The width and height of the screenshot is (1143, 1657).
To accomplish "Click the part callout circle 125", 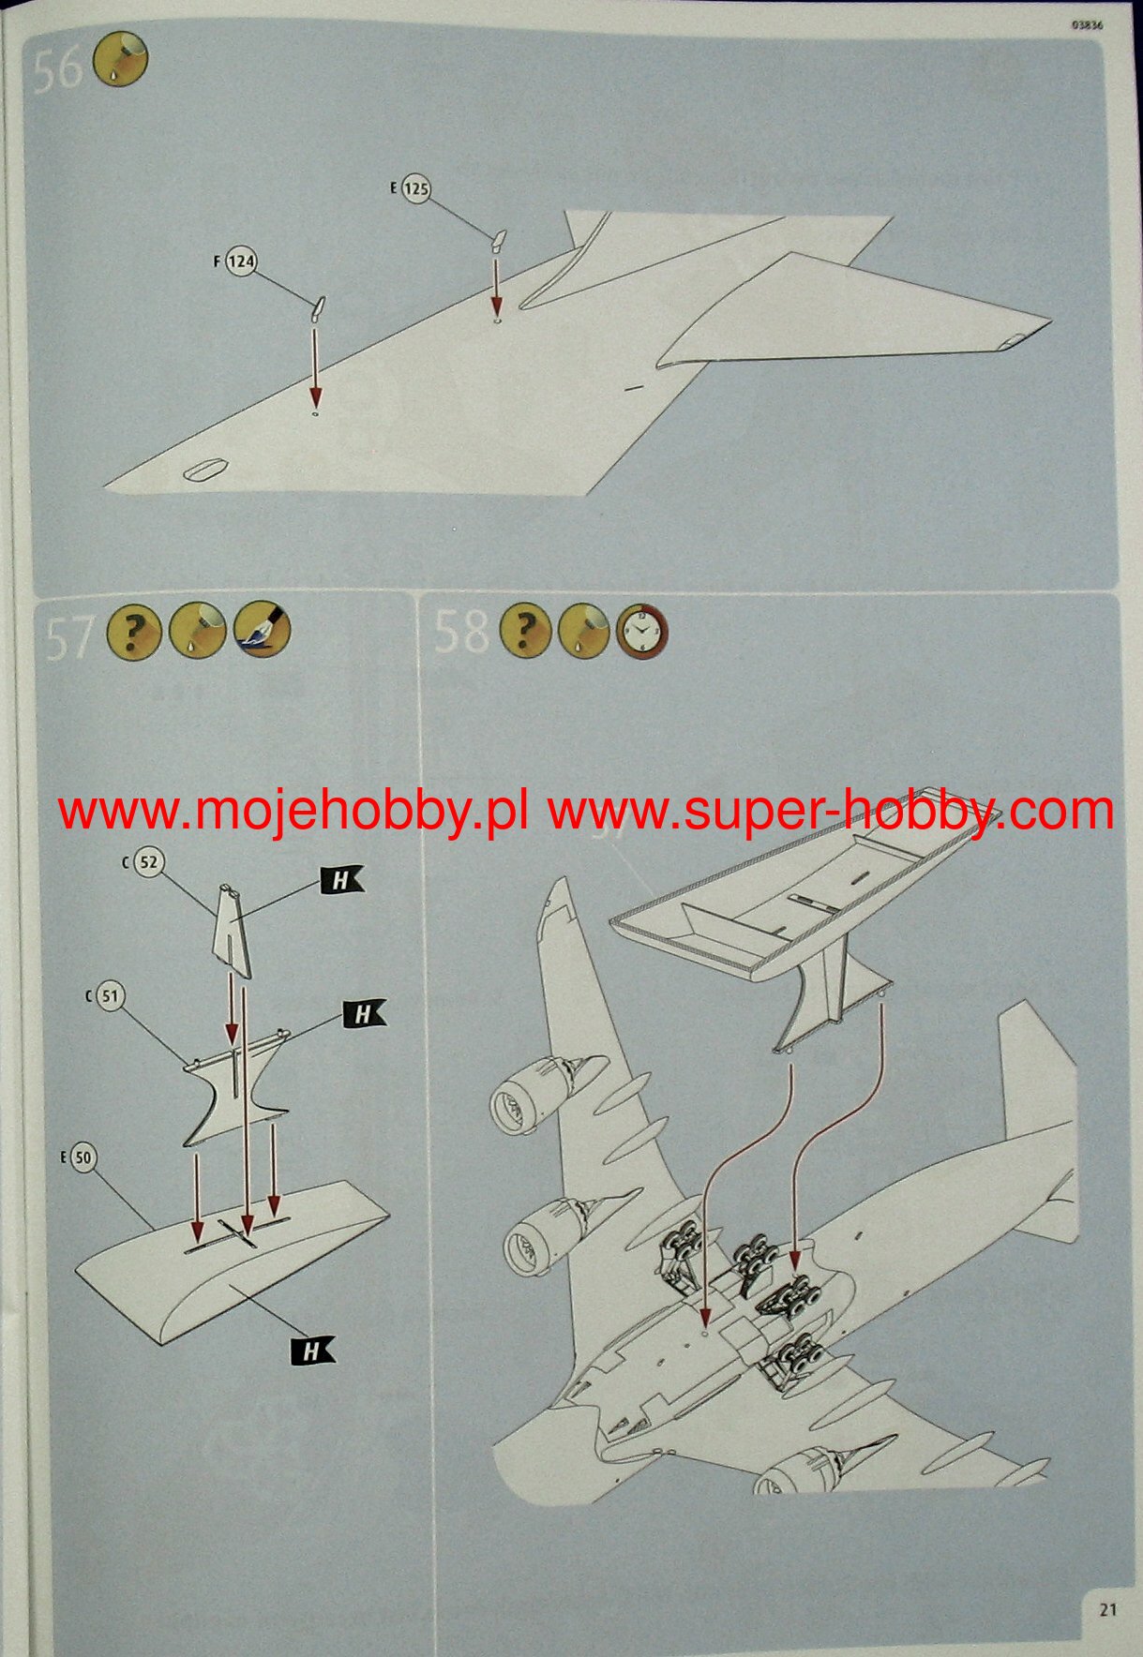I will (415, 189).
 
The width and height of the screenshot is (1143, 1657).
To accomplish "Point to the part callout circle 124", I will (241, 261).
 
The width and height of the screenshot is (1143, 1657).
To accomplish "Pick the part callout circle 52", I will (148, 862).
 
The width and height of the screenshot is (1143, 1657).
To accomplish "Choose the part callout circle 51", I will (111, 995).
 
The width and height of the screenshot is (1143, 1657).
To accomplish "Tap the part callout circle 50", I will (83, 1157).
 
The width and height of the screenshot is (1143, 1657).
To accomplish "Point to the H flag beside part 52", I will (341, 880).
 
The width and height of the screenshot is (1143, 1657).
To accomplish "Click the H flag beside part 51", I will (364, 1013).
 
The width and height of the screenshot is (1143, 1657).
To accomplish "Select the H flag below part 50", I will (312, 1350).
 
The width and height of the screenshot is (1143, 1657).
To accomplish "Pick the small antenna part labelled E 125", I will (498, 241).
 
